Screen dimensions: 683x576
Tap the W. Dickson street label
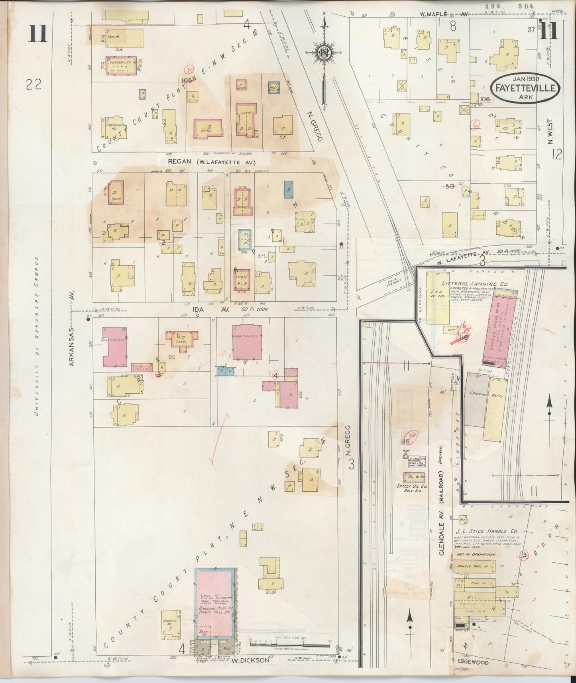[x=246, y=659]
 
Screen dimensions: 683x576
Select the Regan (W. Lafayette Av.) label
[x=212, y=162]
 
